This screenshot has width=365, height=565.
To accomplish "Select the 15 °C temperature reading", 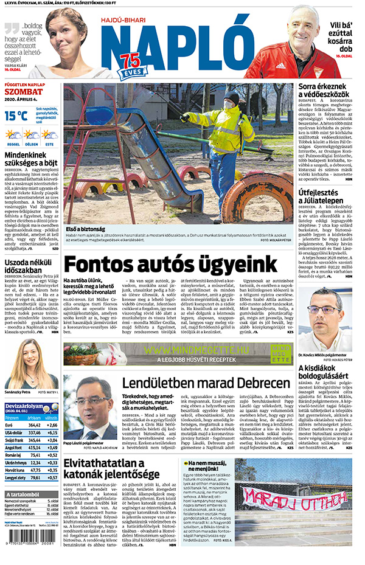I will point(16,114).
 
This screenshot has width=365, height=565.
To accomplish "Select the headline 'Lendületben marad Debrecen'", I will point(206,384).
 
